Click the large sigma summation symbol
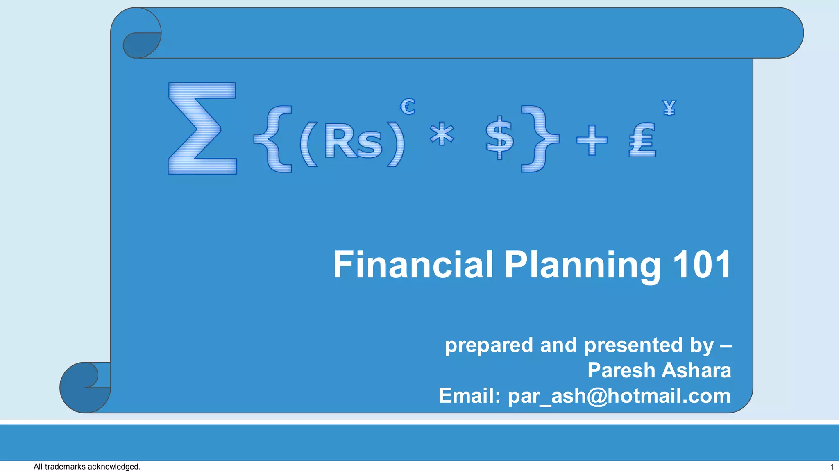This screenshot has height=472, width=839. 202,128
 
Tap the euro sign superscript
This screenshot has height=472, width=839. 408,107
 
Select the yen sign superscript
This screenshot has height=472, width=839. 669,108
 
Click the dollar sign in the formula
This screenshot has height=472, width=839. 499,138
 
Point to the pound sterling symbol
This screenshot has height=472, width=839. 642,140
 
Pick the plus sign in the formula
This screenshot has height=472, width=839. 592,140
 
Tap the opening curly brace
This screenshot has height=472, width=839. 274,138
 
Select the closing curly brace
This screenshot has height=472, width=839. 540,138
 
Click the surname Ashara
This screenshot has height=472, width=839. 696,370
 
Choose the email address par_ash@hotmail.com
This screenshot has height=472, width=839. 619,396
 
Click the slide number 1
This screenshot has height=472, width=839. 832,467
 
